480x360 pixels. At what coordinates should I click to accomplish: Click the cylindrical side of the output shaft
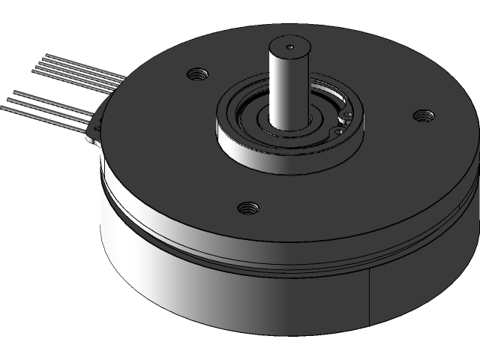point(286,90)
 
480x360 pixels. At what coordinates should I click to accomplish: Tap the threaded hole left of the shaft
point(198,73)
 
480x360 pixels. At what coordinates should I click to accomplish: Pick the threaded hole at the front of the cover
point(245,207)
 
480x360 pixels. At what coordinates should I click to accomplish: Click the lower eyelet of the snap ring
point(339,132)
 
